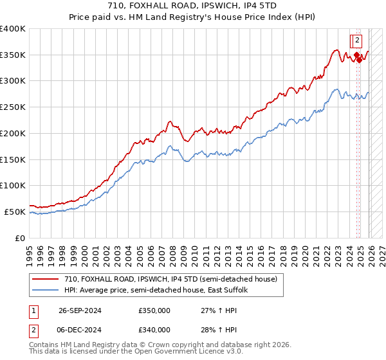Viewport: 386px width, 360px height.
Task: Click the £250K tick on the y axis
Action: pyautogui.click(x=13, y=107)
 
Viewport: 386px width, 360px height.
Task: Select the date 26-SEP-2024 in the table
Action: pyautogui.click(x=80, y=310)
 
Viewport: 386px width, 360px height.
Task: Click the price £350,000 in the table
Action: pyautogui.click(x=154, y=310)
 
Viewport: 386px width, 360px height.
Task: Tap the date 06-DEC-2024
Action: pyautogui.click(x=80, y=329)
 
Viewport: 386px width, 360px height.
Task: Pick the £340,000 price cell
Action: pyautogui.click(x=154, y=329)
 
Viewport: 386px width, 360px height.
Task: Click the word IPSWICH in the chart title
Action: pyautogui.click(x=219, y=5)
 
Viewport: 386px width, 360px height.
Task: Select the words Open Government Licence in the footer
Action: pyautogui.click(x=178, y=352)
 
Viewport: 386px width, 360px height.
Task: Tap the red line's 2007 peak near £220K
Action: pyautogui.click(x=169, y=121)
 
